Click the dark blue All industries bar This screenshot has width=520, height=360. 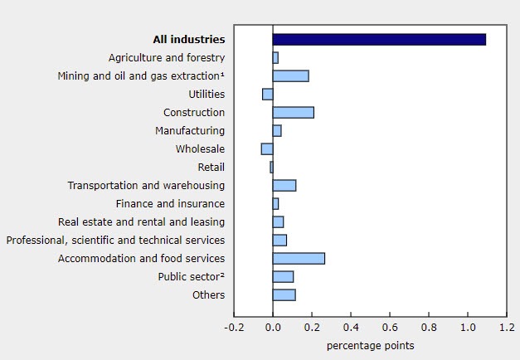(379, 39)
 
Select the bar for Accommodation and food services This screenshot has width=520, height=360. (299, 258)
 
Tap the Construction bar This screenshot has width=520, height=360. (293, 112)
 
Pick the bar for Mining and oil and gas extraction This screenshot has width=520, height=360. (290, 75)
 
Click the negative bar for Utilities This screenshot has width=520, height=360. (268, 94)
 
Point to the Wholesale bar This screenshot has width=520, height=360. (267, 148)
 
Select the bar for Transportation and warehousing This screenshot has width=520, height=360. (284, 185)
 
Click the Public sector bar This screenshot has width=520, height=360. (283, 276)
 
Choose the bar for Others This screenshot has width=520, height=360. (284, 294)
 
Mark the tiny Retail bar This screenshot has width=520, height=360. (271, 167)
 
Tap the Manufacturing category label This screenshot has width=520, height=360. (190, 130)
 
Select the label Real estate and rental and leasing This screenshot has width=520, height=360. (142, 221)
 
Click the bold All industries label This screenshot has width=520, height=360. (188, 39)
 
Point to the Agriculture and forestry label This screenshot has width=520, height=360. (167, 57)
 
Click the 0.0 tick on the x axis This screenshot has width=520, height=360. (273, 327)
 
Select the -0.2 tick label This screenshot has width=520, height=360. (233, 327)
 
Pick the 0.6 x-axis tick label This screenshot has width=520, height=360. (390, 327)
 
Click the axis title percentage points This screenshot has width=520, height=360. (369, 345)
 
